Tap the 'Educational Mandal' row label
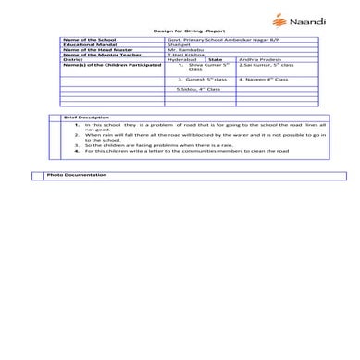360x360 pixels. click(x=86, y=46)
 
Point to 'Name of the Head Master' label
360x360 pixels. click(x=93, y=52)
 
